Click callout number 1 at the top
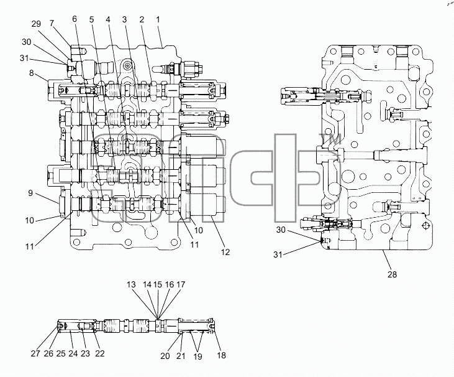[158, 20]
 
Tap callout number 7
[52, 23]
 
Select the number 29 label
[36, 24]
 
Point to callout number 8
[32, 73]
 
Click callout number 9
[30, 193]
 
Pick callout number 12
[225, 252]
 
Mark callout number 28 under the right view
[392, 274]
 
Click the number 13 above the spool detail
[131, 284]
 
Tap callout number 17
[181, 284]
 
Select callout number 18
[221, 355]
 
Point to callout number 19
[197, 356]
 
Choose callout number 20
[165, 356]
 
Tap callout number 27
[36, 353]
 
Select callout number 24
[73, 353]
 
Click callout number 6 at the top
[75, 19]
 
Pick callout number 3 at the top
[124, 19]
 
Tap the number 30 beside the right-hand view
[281, 230]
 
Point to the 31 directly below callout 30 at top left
[24, 58]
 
